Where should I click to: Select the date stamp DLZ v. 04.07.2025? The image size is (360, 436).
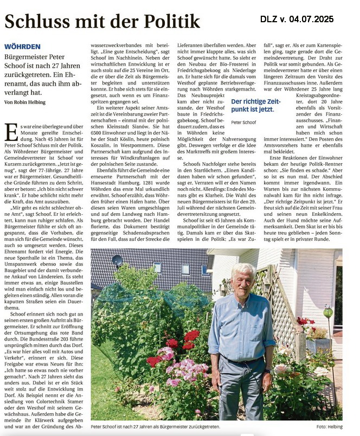297,19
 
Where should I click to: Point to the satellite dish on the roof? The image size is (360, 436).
117,261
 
